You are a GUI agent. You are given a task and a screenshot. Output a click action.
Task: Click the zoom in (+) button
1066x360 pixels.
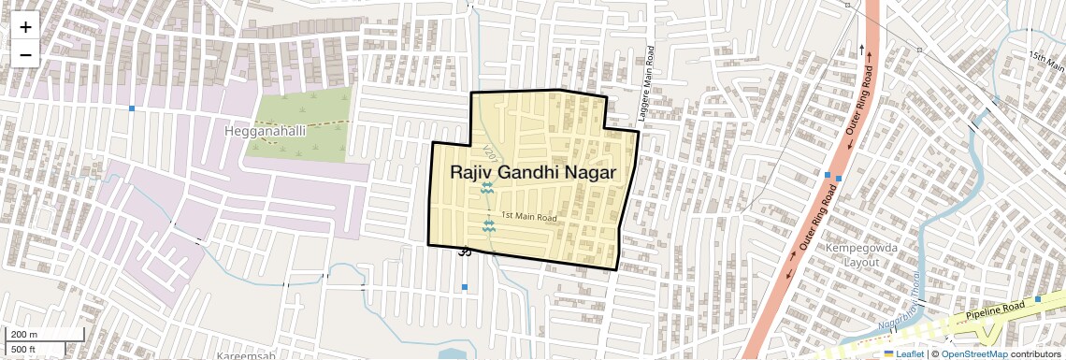[25, 28]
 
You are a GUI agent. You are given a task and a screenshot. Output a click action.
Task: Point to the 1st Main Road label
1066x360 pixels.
[529, 218]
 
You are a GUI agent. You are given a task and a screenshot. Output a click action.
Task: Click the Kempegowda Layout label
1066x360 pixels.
[851, 254]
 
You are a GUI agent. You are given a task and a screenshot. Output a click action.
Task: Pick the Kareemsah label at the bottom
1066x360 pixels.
[246, 356]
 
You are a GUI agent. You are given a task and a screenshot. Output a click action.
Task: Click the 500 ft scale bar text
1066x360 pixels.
[23, 350]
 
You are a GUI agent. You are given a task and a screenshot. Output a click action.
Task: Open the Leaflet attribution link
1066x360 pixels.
[902, 354]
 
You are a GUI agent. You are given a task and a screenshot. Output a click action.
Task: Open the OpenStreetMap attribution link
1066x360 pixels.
[974, 354]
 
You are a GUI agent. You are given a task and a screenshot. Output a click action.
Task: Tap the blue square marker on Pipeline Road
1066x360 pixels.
[1038, 299]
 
